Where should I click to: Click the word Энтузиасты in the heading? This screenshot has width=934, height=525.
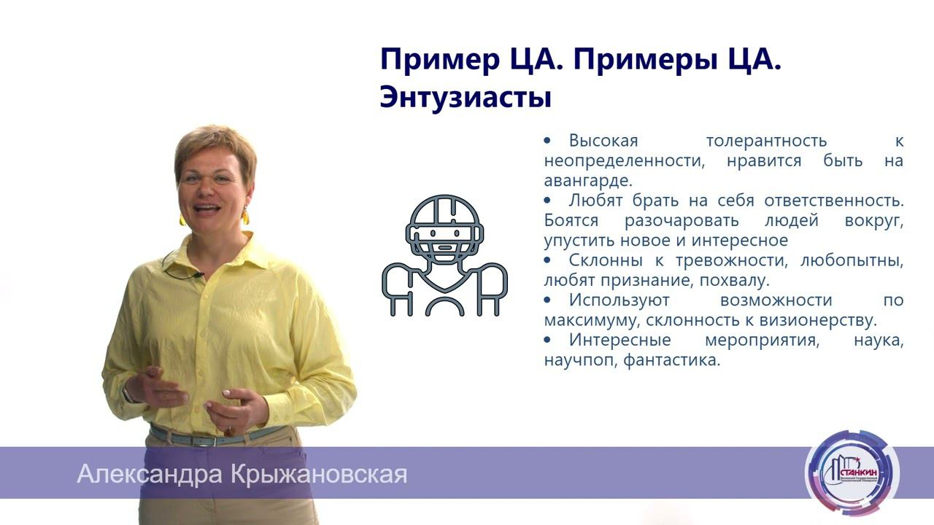pyautogui.click(x=465, y=97)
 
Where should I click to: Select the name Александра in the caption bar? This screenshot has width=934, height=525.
pyautogui.click(x=149, y=475)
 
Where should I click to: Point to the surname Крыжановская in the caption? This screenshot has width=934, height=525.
pyautogui.click(x=318, y=475)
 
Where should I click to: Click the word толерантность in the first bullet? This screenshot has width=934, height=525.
pyautogui.click(x=767, y=141)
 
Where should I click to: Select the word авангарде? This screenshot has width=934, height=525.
pyautogui.click(x=588, y=180)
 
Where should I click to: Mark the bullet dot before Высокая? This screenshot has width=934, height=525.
pyautogui.click(x=549, y=140)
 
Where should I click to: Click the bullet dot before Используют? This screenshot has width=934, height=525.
pyautogui.click(x=549, y=300)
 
